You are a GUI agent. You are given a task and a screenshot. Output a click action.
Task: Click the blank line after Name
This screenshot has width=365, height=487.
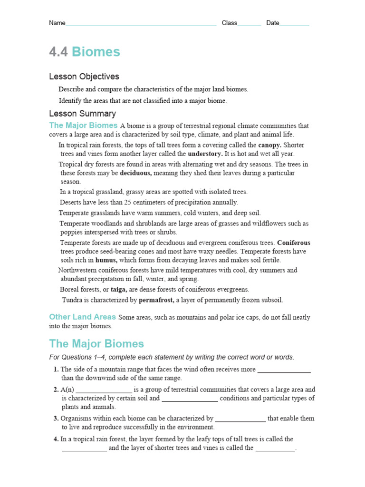[141, 24]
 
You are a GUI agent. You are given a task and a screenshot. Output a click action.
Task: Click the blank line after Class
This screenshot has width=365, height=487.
[249, 24]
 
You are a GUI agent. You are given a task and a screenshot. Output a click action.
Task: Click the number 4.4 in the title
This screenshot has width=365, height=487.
[58, 52]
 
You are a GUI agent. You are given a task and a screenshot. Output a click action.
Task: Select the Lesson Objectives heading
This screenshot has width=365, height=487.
[84, 77]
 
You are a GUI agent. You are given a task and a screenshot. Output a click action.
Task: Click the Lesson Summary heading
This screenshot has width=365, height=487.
[82, 114]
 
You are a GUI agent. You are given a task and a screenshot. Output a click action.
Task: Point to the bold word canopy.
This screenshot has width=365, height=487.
[269, 145]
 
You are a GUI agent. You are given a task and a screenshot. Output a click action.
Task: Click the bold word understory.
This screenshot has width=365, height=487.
[205, 154]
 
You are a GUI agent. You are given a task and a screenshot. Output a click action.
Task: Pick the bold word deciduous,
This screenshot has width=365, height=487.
[136, 173]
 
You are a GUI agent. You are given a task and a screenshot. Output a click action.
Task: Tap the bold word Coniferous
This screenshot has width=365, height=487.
[294, 243]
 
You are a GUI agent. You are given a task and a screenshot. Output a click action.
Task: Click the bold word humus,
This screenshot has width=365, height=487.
[106, 260]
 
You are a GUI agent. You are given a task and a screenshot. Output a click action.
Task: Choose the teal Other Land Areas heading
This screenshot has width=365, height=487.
[83, 317]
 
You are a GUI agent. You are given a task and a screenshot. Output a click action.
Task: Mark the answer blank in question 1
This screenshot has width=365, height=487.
[284, 370]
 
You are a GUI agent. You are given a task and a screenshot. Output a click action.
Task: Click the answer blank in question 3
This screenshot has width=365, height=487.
[240, 419]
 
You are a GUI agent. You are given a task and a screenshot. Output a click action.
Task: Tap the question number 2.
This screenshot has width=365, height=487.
[56, 390]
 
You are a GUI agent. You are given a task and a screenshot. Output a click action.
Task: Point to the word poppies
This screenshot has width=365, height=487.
[71, 232]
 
